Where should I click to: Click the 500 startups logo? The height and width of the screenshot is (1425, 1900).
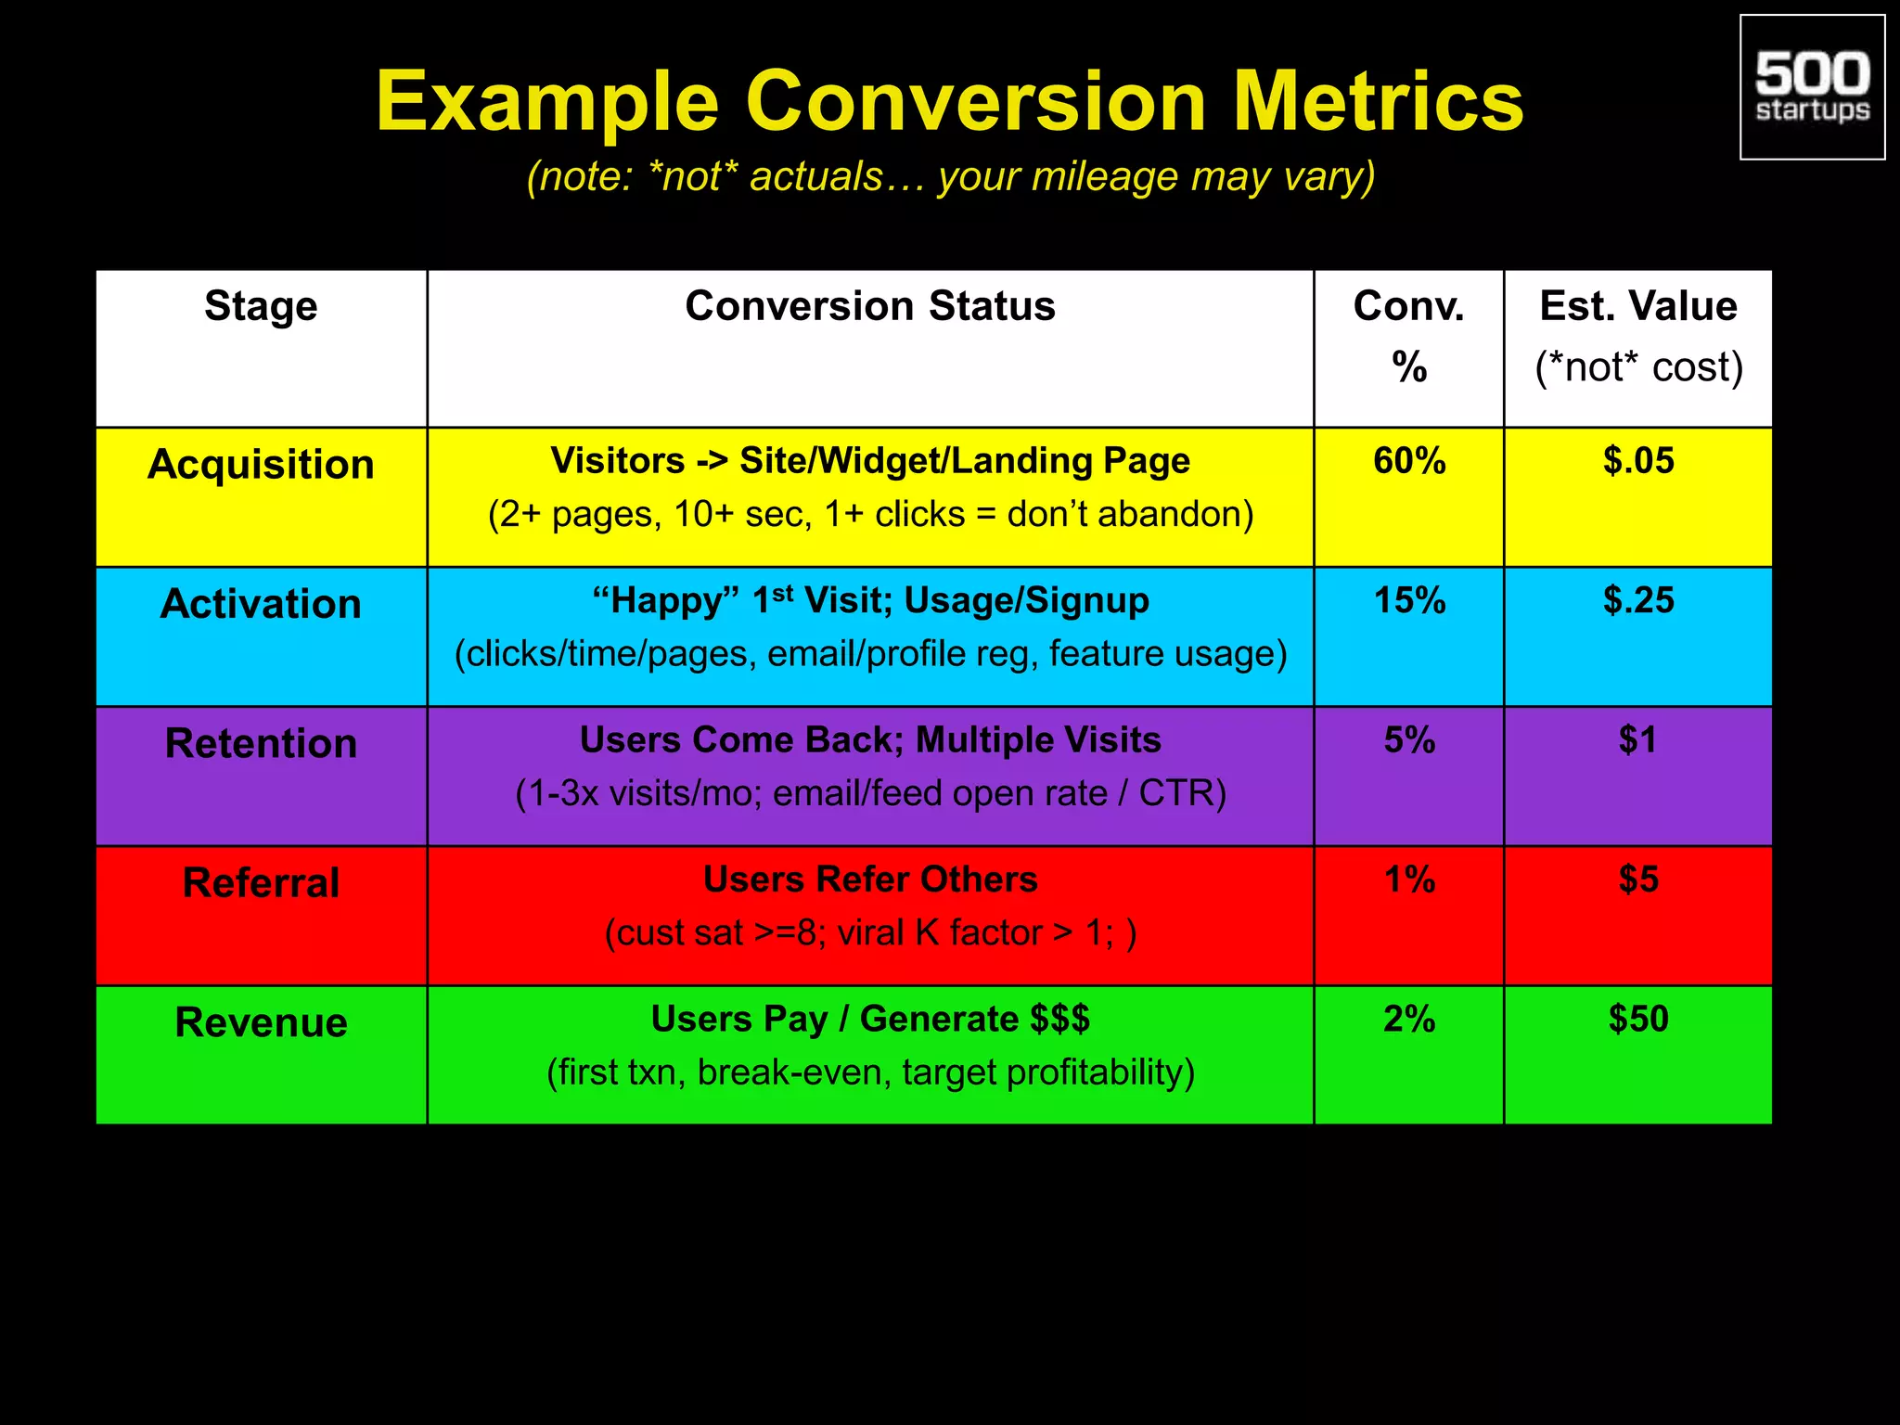1812,87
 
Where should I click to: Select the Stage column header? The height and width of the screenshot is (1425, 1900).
261,306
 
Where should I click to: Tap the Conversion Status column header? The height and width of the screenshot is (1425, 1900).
869,306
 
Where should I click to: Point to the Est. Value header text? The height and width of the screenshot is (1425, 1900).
1637,306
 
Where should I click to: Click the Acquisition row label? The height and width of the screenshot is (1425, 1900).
261,464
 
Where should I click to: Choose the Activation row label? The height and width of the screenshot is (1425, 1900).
261,604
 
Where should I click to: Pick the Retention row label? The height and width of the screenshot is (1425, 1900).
261,743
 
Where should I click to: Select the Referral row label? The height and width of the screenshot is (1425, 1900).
261,882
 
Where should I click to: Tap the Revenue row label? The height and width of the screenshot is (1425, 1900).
261,1022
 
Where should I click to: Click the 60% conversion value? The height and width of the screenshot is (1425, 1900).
1408,461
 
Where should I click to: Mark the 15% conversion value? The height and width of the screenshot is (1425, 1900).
1408,601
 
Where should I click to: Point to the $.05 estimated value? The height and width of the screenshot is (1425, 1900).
1637,461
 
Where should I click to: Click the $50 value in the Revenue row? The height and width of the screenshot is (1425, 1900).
1637,1020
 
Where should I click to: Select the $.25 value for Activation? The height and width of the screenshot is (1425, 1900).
1637,601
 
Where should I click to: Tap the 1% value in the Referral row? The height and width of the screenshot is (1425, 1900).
1408,879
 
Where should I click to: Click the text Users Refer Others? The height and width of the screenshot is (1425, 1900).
869,879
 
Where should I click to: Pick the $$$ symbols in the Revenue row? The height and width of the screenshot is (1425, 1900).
1059,1020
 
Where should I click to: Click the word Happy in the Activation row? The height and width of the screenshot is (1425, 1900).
665,601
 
